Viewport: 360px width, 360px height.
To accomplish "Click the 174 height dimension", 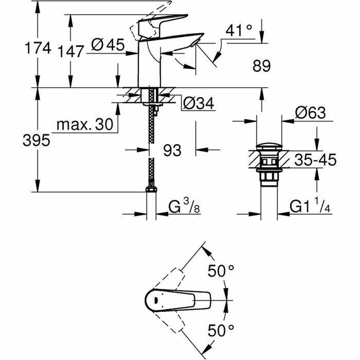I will pyautogui.click(x=38, y=48).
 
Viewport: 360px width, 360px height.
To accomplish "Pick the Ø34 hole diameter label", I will pyautogui.click(x=198, y=104).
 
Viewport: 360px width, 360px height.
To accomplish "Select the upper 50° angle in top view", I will pyautogui.click(x=220, y=272).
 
